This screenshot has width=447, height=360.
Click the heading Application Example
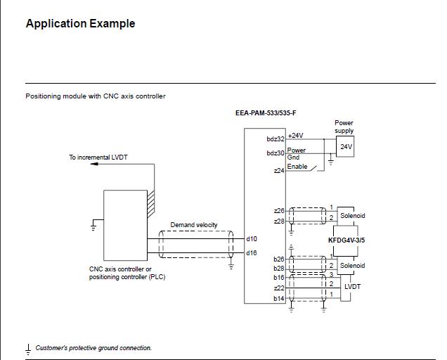(x=80, y=23)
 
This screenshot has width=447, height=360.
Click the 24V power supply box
(x=346, y=147)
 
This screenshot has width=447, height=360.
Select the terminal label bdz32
(x=276, y=139)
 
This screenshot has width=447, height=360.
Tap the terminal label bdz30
(x=276, y=153)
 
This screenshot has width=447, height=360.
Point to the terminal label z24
(x=279, y=170)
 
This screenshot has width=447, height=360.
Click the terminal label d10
(x=252, y=239)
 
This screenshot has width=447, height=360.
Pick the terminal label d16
(x=252, y=253)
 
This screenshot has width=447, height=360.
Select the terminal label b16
(x=279, y=278)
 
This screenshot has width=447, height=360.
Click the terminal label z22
(x=279, y=288)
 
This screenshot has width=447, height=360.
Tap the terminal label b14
(x=279, y=299)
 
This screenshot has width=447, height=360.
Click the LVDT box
(x=352, y=287)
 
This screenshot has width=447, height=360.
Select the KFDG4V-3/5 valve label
(x=346, y=240)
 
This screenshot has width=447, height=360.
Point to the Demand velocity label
(x=194, y=225)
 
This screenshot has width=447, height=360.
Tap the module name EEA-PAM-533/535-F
(x=265, y=112)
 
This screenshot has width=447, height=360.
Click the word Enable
(x=297, y=167)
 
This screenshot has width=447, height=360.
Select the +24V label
(x=295, y=135)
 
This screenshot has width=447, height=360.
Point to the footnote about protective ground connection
(x=93, y=348)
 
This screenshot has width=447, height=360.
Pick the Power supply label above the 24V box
(x=344, y=127)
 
